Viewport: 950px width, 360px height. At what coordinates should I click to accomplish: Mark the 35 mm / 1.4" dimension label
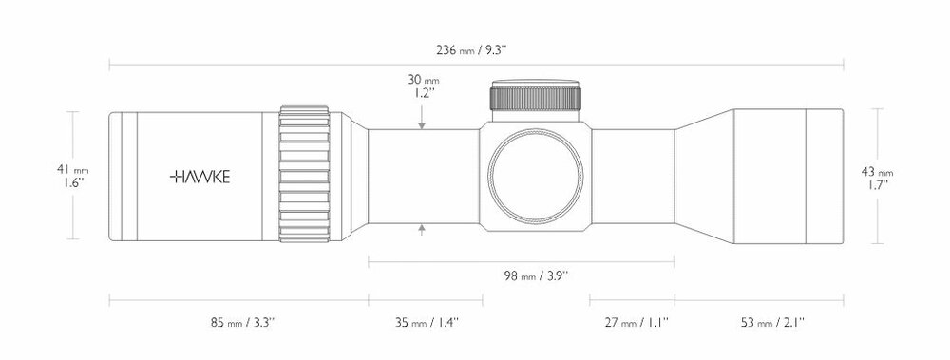click(x=425, y=323)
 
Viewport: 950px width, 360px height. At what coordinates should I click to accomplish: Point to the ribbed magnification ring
click(x=306, y=177)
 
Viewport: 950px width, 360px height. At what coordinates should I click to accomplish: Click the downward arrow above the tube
click(x=421, y=123)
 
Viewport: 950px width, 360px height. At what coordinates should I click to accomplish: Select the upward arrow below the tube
click(x=421, y=230)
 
